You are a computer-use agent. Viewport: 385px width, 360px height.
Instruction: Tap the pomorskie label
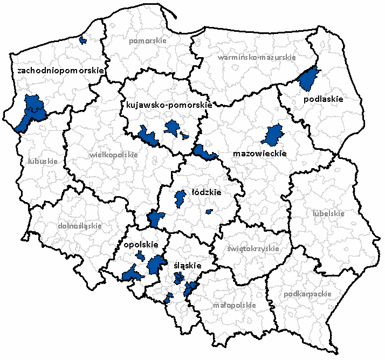tap(148, 40)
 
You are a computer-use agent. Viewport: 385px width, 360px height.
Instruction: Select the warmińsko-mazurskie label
tap(256, 57)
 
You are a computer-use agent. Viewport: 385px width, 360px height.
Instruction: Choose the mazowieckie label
tap(259, 154)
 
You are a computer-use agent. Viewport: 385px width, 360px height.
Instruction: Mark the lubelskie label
tap(328, 213)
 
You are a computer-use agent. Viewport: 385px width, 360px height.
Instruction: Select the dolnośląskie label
tap(79, 226)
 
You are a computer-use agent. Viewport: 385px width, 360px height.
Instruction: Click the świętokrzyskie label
tap(253, 249)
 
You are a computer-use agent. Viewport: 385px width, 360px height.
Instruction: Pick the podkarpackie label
tap(307, 294)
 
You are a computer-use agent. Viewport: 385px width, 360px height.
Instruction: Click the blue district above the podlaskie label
tap(309, 78)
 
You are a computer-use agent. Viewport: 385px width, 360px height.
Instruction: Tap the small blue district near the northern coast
tap(82, 40)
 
